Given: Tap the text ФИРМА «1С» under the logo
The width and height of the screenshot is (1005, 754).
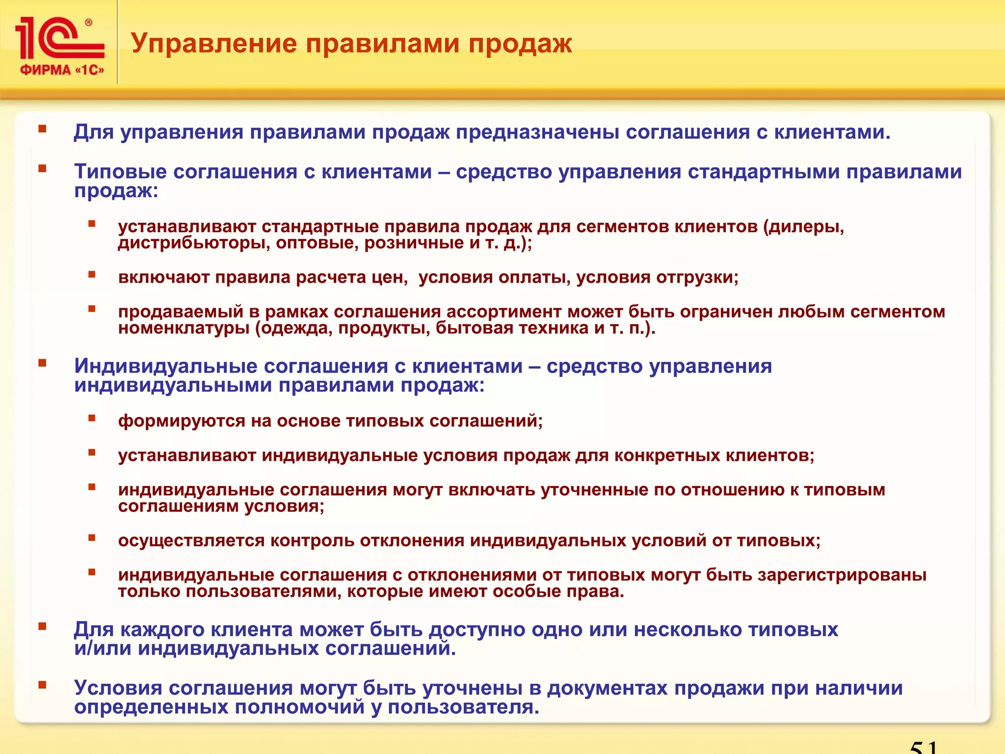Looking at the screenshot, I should point(62,70).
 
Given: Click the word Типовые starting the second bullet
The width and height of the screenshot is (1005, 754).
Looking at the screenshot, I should point(120,172).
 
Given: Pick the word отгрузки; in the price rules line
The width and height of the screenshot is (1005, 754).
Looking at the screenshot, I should point(697,278).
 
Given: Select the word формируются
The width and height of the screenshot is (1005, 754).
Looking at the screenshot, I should point(181,421).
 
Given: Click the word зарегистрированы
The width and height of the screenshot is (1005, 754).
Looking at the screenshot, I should point(842,575).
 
